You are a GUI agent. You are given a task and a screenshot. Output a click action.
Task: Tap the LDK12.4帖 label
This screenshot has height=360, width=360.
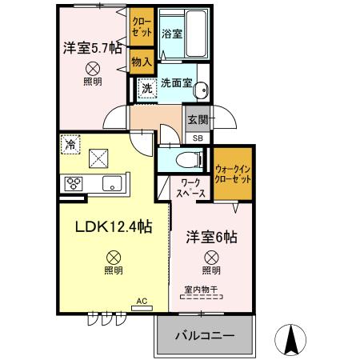114,228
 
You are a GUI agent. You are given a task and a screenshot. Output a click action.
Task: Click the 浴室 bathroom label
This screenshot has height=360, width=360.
170,34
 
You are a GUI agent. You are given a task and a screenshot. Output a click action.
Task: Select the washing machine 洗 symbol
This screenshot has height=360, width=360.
146,89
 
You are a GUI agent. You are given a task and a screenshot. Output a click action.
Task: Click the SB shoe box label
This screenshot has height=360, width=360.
197,137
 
